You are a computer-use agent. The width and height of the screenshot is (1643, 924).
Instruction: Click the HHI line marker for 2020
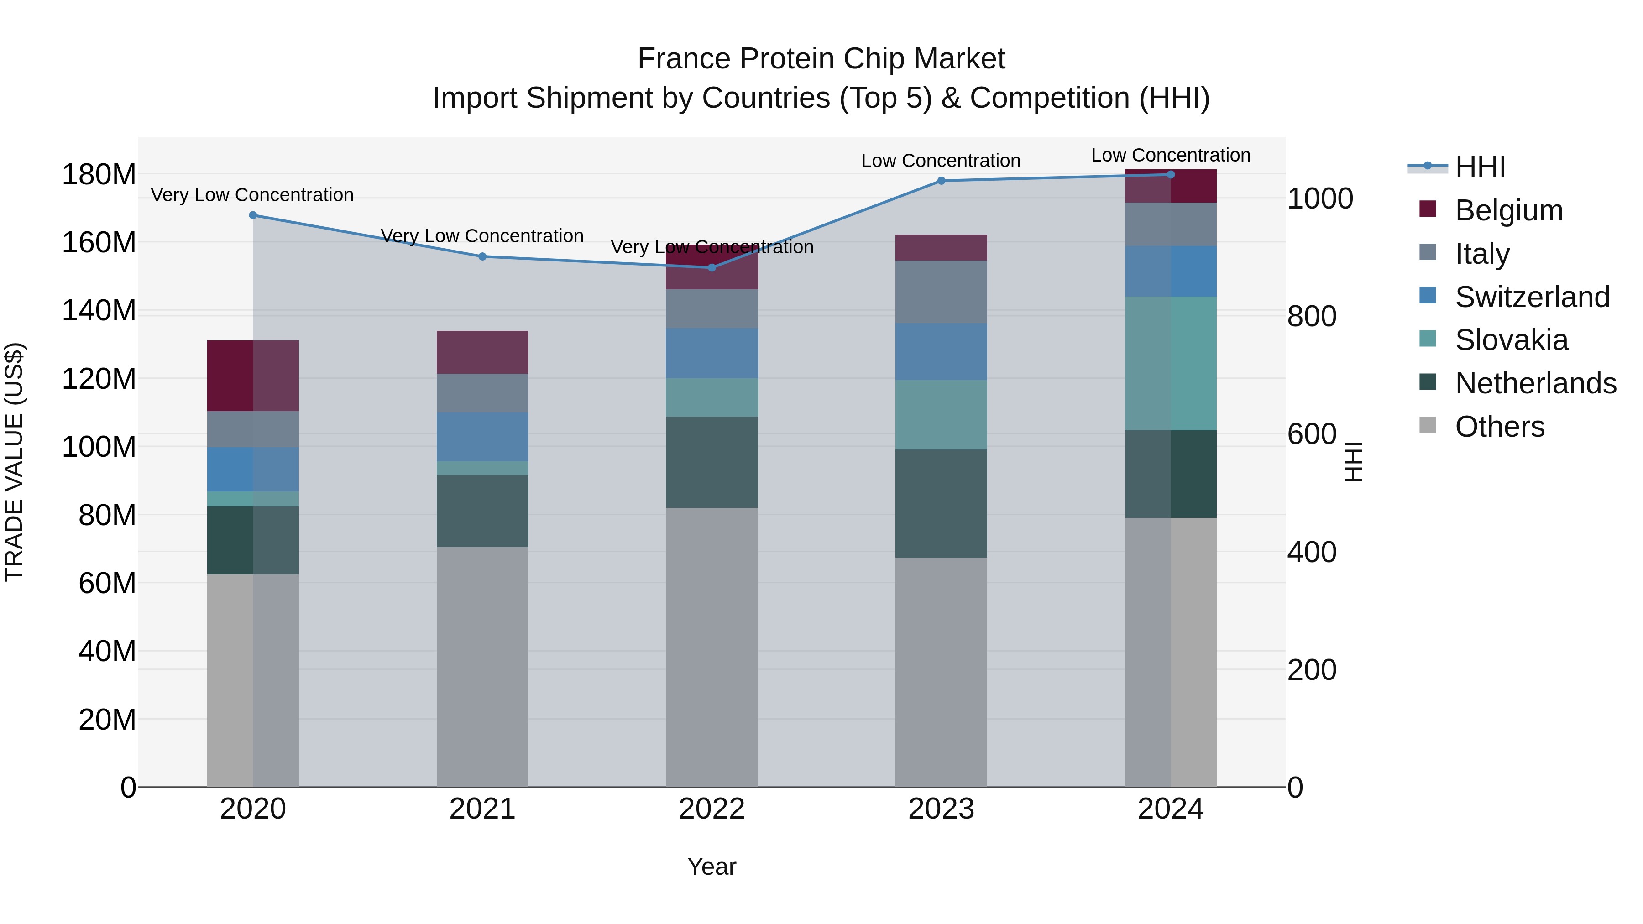pyautogui.click(x=253, y=215)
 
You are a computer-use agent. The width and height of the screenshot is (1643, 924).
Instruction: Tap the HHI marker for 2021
pyautogui.click(x=482, y=256)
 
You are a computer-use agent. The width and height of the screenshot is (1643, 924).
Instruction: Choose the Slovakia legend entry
pyautogui.click(x=1511, y=340)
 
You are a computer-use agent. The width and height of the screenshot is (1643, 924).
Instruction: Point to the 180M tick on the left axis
pyautogui.click(x=99, y=175)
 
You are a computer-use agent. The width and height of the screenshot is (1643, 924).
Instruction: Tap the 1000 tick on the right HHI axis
pyautogui.click(x=1319, y=199)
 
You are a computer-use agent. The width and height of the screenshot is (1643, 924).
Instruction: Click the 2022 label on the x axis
pyautogui.click(x=712, y=809)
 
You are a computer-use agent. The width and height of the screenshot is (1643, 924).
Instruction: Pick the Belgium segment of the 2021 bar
pyautogui.click(x=482, y=352)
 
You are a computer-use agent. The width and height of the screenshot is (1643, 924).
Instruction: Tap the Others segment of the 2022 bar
pyautogui.click(x=712, y=647)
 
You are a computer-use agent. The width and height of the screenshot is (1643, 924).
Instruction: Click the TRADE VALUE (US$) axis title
pyautogui.click(x=15, y=462)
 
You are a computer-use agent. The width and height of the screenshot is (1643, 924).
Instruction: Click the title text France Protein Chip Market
pyautogui.click(x=821, y=59)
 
